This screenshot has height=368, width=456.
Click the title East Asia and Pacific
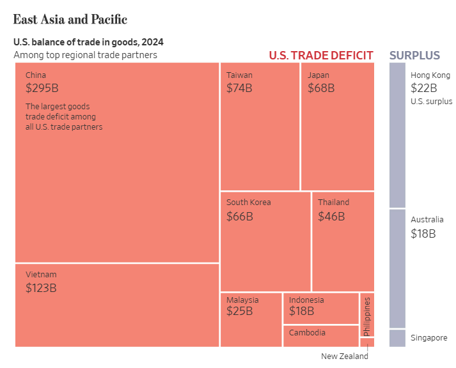[70, 19]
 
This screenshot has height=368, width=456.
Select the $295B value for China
[46, 88]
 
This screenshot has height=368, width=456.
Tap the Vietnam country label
[41, 274]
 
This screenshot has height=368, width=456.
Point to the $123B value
[41, 287]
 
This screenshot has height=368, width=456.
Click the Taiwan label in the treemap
[239, 75]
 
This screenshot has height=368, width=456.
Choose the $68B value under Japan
[321, 88]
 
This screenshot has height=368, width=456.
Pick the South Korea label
[248, 203]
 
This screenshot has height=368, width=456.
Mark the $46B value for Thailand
[331, 216]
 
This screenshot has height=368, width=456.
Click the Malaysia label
[242, 300]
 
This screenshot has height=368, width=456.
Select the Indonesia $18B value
[302, 311]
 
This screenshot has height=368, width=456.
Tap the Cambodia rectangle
[320, 336]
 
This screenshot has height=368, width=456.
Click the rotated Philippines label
[366, 316]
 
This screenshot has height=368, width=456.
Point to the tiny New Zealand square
[367, 342]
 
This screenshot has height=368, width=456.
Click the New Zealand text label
[345, 356]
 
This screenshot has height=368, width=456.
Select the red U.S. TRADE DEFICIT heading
[321, 55]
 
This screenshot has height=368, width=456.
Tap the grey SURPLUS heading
[414, 55]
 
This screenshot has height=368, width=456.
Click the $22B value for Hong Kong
[424, 88]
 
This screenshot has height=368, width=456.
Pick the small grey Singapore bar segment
[397, 338]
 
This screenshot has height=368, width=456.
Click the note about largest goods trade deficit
[64, 116]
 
